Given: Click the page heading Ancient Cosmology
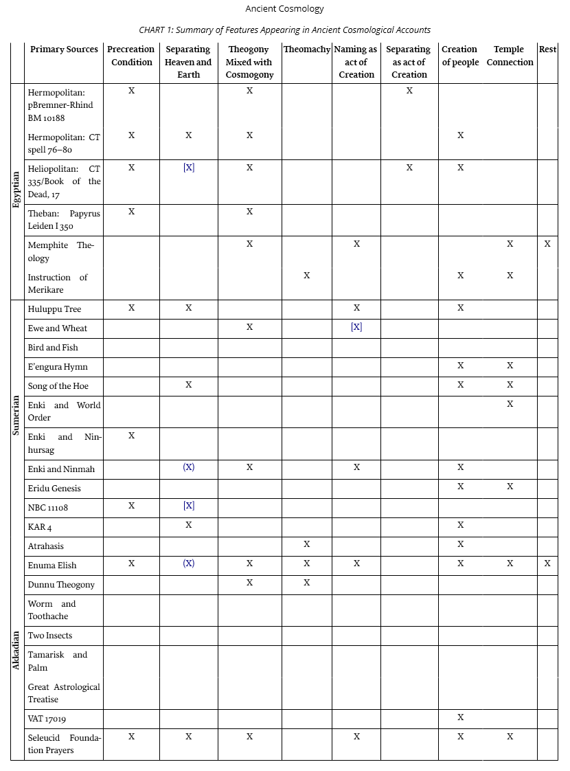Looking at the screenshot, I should (x=284, y=9).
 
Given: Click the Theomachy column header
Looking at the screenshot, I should (x=306, y=49).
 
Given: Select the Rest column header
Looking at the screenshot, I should (x=547, y=49).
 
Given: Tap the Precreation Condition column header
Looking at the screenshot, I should (x=131, y=56).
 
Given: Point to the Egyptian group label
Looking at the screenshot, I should (x=17, y=190).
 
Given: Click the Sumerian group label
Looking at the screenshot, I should (x=17, y=415).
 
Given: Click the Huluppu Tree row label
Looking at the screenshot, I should (x=54, y=309).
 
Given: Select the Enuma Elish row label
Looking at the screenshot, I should (x=52, y=566).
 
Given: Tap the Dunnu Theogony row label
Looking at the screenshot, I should (x=61, y=585).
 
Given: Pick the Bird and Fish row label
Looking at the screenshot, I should (x=53, y=348).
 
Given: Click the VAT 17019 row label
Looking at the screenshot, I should (x=47, y=719).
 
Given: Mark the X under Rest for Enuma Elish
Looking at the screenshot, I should (x=547, y=563).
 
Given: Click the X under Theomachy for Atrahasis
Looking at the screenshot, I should (x=306, y=544).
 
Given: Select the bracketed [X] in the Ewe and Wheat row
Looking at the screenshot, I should (x=356, y=327).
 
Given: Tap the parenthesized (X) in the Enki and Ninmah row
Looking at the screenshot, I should (x=189, y=467).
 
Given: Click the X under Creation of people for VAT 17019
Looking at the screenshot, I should (x=460, y=717).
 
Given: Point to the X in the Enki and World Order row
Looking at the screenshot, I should (x=510, y=404).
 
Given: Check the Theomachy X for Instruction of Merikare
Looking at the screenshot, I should (x=306, y=276).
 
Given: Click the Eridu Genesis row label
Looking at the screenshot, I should (x=54, y=489).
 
